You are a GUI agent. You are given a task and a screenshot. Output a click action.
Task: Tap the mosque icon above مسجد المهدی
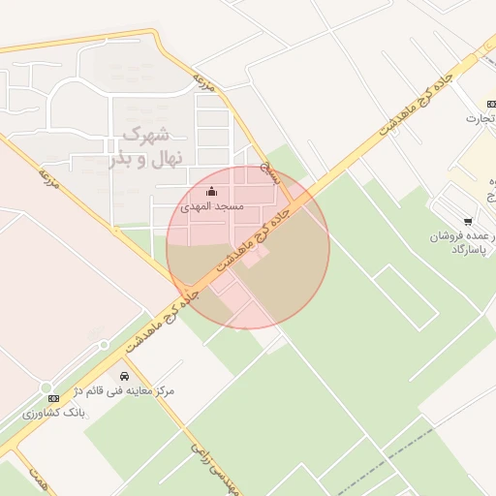(212, 192)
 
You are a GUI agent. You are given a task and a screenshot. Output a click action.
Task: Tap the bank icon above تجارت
(489, 105)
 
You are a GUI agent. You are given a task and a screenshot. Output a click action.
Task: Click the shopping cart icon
(469, 222)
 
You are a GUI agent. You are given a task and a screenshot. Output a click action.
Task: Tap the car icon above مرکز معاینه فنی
(124, 375)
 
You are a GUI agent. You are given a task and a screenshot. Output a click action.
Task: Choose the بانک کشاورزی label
(55, 413)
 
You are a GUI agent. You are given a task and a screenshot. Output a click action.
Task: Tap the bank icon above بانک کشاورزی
(53, 398)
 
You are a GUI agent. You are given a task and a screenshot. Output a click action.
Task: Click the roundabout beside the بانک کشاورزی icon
(101, 344)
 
